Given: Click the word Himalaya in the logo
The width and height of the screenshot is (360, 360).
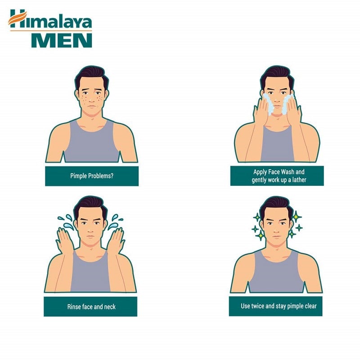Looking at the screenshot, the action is (x=51, y=19).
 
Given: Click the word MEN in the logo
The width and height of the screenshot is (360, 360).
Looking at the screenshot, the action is (x=62, y=40).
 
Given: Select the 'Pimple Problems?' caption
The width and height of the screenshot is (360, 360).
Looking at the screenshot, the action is (x=92, y=176).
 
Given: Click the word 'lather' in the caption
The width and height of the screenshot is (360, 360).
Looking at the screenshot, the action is (x=299, y=180).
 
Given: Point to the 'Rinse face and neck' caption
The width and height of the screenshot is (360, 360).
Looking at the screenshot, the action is (x=91, y=307).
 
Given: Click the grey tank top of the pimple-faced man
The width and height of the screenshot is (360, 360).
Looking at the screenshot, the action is (x=92, y=144).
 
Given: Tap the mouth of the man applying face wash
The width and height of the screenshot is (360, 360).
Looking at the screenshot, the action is (x=277, y=106).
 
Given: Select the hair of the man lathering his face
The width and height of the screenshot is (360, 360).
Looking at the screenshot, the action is (x=277, y=75).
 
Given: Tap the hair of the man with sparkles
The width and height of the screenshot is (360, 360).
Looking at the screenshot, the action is (x=276, y=206).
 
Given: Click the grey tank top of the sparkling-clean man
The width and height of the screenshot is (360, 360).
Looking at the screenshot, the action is (x=277, y=273).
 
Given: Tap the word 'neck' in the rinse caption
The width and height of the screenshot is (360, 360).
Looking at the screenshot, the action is (x=110, y=307).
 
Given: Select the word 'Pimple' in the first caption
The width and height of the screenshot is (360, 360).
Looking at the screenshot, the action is (x=78, y=176).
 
